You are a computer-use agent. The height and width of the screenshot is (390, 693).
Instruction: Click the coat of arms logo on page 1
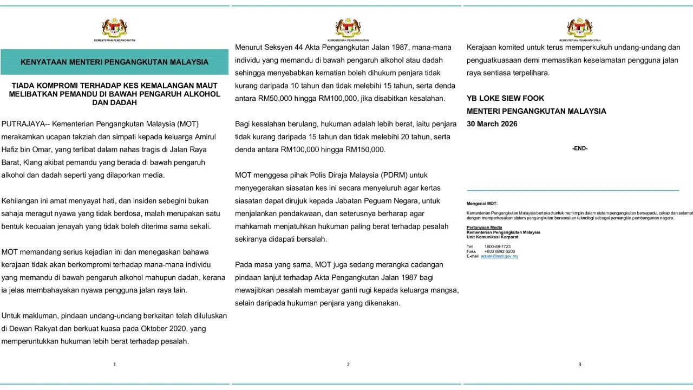[114, 28]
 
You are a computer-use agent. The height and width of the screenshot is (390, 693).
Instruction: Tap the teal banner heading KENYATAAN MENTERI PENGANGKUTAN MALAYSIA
[114, 62]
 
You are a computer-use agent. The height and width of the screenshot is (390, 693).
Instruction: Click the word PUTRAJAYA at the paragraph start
[23, 123]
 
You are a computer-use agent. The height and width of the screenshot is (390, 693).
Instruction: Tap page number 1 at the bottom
[114, 365]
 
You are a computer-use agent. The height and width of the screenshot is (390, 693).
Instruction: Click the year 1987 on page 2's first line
[387, 47]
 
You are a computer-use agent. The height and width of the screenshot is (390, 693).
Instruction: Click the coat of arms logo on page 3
[579, 28]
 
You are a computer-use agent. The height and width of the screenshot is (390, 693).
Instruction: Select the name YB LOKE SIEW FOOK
[505, 98]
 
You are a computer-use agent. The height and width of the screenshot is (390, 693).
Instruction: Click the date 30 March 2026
[492, 124]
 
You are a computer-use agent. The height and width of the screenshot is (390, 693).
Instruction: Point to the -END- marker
[579, 148]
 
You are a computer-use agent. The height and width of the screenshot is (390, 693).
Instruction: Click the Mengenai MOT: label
[482, 203]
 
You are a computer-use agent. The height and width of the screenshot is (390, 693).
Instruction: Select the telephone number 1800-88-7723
[497, 246]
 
